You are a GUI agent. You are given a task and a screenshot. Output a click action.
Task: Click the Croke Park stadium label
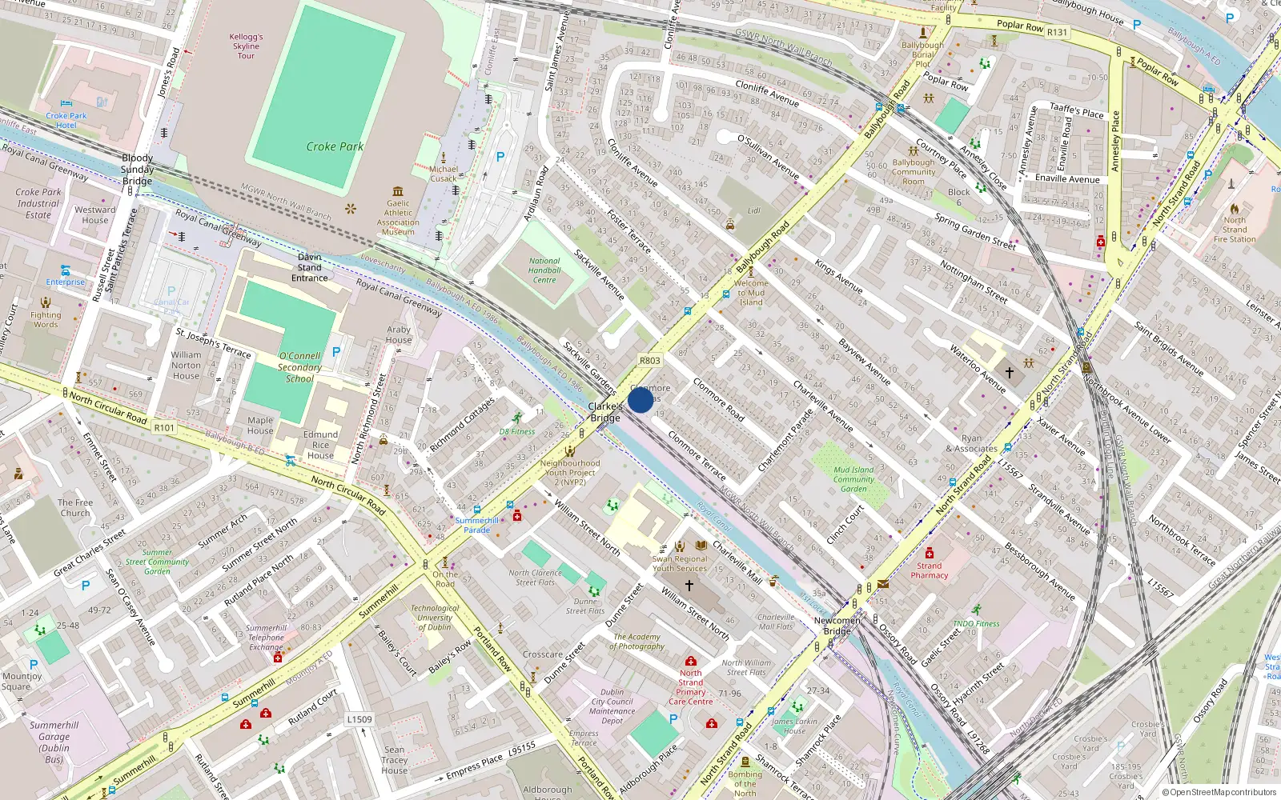(x=335, y=146)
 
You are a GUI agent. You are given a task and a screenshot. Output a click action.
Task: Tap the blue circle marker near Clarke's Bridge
(x=640, y=400)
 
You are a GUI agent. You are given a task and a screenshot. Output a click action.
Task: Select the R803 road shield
(x=649, y=361)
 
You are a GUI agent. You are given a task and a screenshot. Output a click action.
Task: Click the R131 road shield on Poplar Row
(x=1057, y=32)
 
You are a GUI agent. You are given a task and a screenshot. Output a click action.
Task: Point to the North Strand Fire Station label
(x=1235, y=230)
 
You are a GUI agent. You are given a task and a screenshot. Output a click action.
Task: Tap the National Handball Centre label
(x=544, y=270)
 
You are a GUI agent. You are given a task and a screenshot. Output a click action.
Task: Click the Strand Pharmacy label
(x=929, y=570)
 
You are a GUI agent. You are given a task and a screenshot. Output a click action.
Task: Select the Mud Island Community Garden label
(x=853, y=479)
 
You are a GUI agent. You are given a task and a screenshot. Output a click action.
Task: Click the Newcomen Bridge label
(x=837, y=626)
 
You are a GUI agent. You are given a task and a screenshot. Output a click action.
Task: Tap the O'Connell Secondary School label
(x=299, y=367)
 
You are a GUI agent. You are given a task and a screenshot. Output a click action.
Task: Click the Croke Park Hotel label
(x=66, y=120)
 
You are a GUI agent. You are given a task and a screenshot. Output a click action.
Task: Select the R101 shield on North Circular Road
(x=164, y=428)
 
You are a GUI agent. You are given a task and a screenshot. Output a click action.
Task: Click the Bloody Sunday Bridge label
(x=138, y=169)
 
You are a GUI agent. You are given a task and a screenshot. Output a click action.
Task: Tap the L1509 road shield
(x=359, y=719)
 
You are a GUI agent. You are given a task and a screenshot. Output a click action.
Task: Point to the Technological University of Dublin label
(x=435, y=618)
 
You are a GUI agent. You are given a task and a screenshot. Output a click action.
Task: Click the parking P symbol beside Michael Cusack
(x=500, y=157)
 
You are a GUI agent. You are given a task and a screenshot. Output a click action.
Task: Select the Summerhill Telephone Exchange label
(x=267, y=638)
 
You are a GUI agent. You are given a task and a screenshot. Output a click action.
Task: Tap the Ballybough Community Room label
(x=914, y=171)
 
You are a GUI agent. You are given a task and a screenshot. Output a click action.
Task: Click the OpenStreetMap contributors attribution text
(x=1219, y=792)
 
